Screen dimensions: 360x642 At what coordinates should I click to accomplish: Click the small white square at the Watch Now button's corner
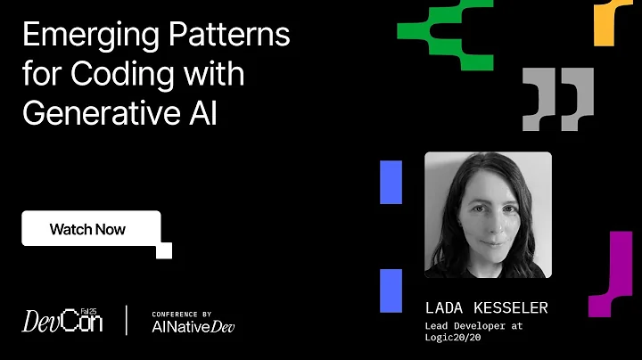click(164, 250)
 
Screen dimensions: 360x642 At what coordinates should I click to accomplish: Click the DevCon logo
click(62, 320)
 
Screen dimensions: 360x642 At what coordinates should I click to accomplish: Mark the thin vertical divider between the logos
click(128, 320)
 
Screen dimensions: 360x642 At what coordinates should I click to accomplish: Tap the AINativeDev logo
click(193, 326)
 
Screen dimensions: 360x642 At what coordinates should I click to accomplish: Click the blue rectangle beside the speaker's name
click(391, 290)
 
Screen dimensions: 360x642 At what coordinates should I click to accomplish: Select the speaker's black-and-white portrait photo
click(488, 215)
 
